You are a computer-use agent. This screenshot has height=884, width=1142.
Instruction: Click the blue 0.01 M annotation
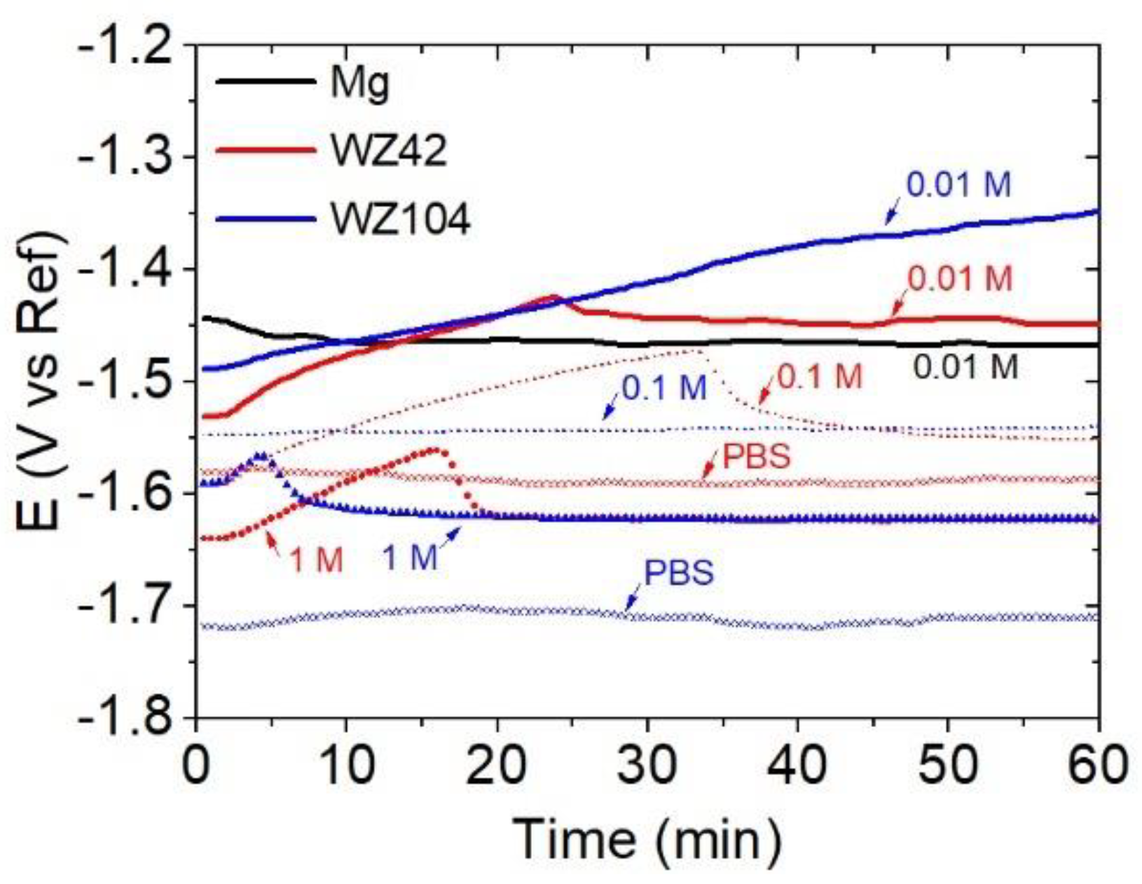[x=959, y=185]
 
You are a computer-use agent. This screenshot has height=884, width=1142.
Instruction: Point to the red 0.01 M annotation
[x=960, y=279]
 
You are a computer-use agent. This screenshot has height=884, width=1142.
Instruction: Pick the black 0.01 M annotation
[x=965, y=367]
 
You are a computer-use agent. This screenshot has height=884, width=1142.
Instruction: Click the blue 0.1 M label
[x=664, y=387]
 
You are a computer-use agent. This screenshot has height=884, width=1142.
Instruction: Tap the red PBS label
[x=757, y=457]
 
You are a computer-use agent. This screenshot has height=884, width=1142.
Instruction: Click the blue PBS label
[x=679, y=572]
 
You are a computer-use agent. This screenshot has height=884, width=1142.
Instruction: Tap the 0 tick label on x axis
[x=197, y=766]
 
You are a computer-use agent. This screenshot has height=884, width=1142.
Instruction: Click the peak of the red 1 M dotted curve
[x=434, y=450]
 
